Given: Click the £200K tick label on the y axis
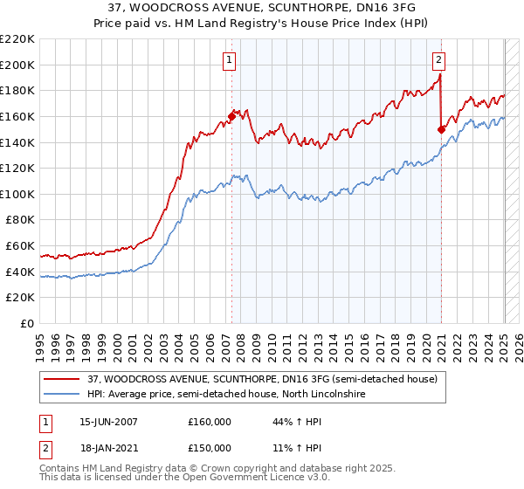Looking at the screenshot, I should (19, 65).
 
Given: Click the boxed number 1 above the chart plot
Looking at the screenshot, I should (229, 60).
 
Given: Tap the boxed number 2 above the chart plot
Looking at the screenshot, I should (438, 60).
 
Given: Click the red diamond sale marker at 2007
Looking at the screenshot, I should (232, 115).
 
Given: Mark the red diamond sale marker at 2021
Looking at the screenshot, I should (441, 129).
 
